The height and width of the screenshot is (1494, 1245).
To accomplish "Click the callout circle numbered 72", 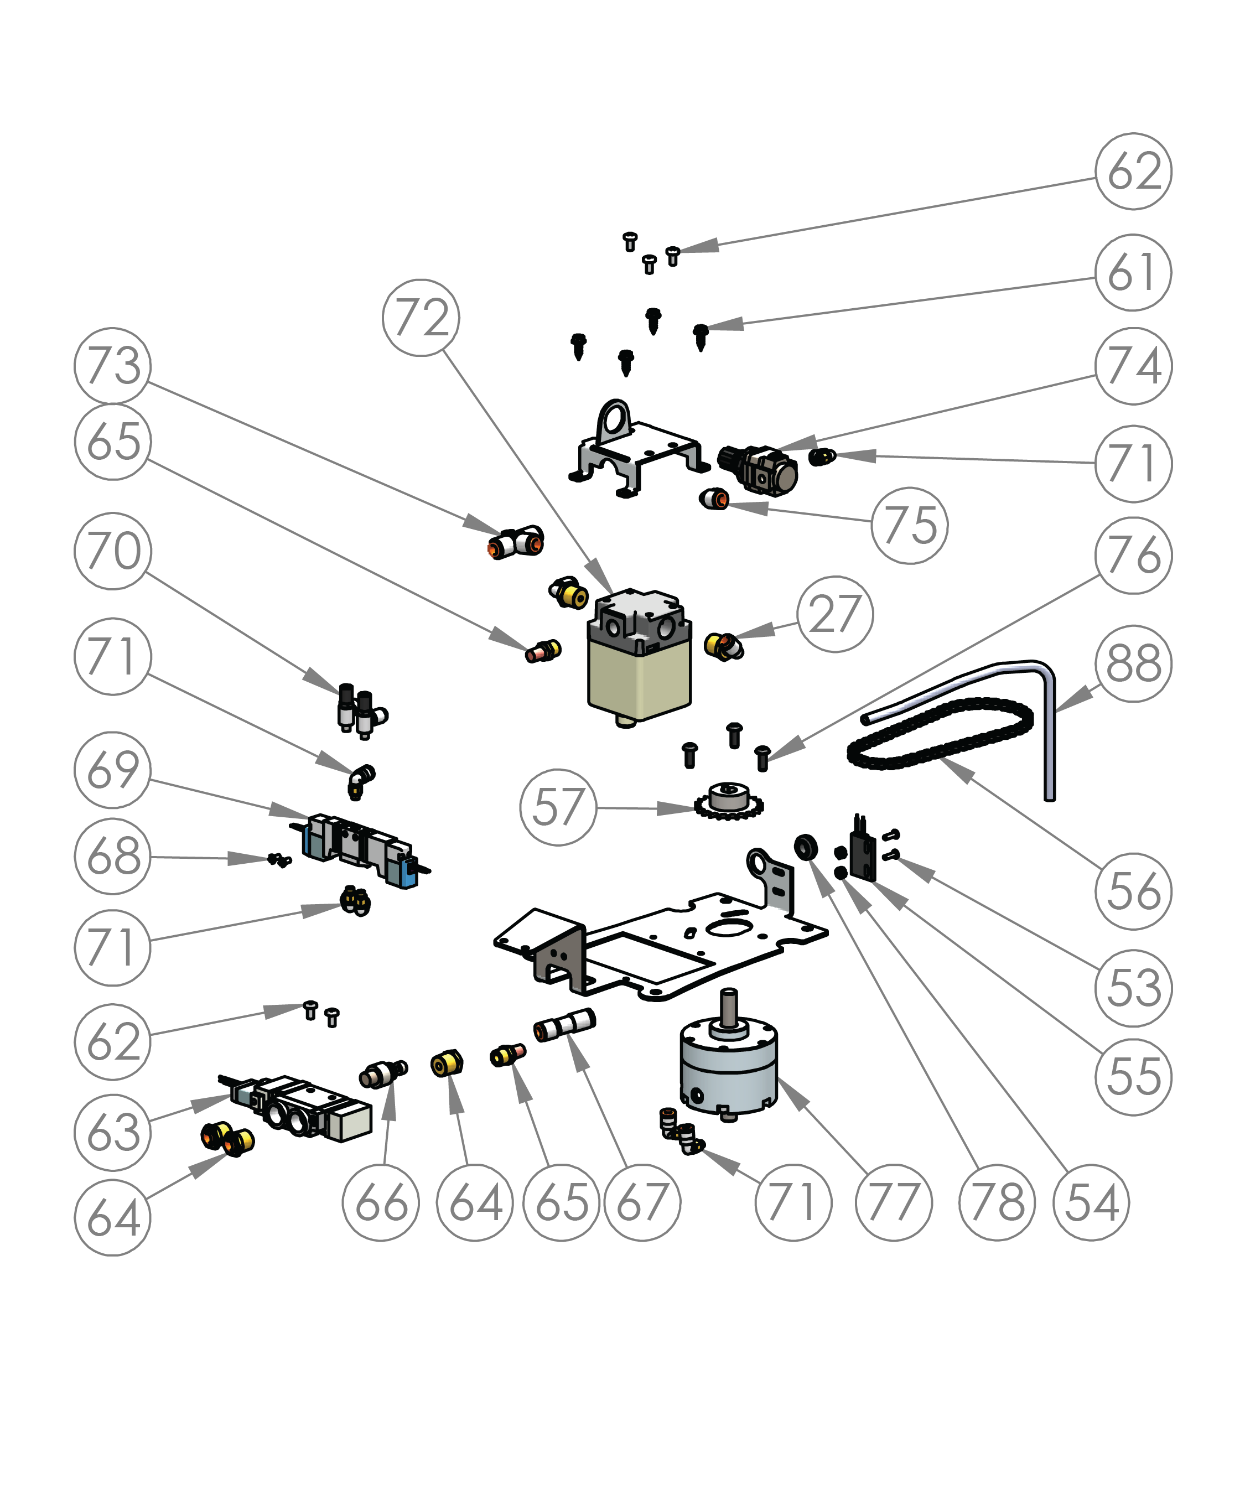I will pyautogui.click(x=421, y=317).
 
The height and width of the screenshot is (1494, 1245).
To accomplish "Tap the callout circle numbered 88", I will pyautogui.click(x=1133, y=663).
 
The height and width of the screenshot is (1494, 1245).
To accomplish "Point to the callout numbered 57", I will pyautogui.click(x=558, y=807).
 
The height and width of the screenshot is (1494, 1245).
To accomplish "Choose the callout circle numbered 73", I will pyautogui.click(x=112, y=366).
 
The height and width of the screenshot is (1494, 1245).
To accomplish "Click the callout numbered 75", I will pyautogui.click(x=909, y=526).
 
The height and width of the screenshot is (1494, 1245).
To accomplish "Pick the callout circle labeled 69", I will pyautogui.click(x=112, y=770).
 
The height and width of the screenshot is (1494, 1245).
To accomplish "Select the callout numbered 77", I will pyautogui.click(x=894, y=1202).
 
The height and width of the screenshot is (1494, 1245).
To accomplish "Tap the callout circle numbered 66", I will pyautogui.click(x=381, y=1202).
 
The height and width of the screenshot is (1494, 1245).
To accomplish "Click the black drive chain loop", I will pyautogui.click(x=939, y=733).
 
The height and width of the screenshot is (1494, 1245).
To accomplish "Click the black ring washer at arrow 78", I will pyautogui.click(x=805, y=847).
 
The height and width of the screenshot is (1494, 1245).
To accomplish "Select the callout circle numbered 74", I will pyautogui.click(x=1133, y=366).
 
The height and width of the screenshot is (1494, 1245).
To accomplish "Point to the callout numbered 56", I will pyautogui.click(x=1133, y=891).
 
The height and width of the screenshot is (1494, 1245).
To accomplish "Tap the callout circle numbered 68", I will pyautogui.click(x=112, y=857).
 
